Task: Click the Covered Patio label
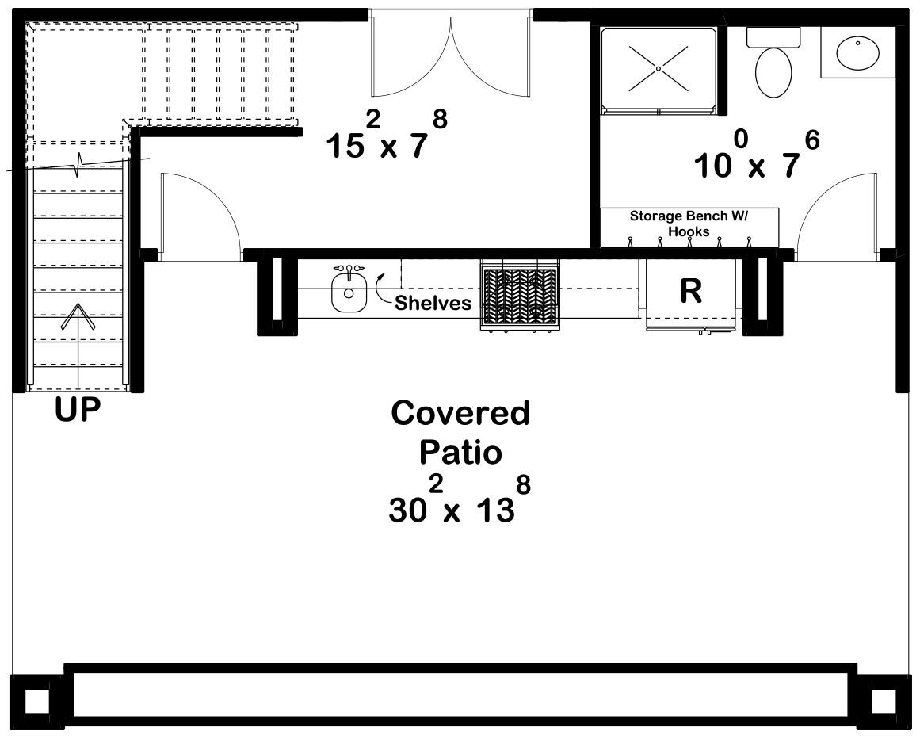[460, 433]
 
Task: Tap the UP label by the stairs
[78, 411]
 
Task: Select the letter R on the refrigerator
[691, 292]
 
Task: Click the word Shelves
[433, 303]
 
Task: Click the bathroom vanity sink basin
[859, 52]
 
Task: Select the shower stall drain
[659, 69]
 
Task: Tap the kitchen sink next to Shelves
[347, 290]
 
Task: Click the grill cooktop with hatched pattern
[519, 293]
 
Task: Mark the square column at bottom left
[36, 702]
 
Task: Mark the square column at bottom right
[884, 702]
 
